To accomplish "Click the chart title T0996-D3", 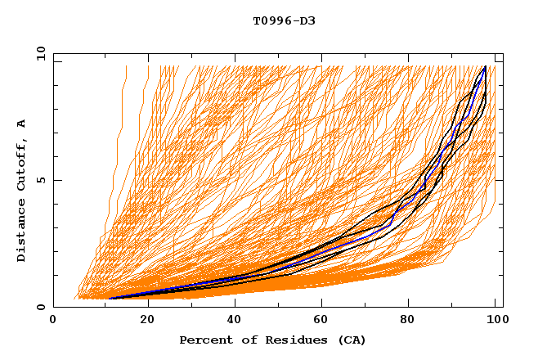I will [285, 20].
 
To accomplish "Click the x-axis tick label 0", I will [53, 321].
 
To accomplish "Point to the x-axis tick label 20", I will [147, 321].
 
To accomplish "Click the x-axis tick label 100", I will [495, 321].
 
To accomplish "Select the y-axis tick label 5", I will [43, 180].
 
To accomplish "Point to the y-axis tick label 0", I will [43, 307].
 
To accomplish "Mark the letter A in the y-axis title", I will [22, 124].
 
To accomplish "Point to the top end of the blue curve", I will [486, 66].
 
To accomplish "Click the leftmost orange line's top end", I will [127, 66].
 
